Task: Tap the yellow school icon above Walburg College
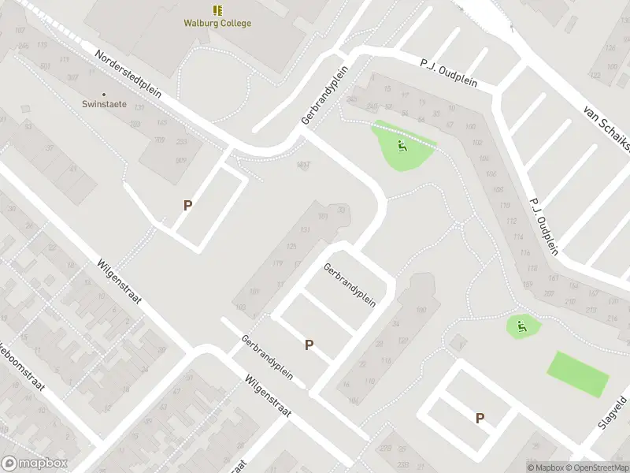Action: pyautogui.click(x=217, y=10)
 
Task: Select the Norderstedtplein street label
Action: pyautogui.click(x=128, y=76)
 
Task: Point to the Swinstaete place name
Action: pyautogui.click(x=104, y=103)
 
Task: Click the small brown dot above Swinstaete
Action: pyautogui.click(x=104, y=94)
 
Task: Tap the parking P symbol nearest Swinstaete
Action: pyautogui.click(x=187, y=205)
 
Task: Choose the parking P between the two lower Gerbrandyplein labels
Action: pyautogui.click(x=309, y=345)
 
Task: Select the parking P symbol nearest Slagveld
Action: pyautogui.click(x=480, y=419)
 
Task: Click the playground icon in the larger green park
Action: pyautogui.click(x=402, y=146)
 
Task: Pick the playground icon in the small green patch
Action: pyautogui.click(x=520, y=324)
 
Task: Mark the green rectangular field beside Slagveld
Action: pyautogui.click(x=578, y=374)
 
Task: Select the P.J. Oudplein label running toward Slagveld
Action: pyautogui.click(x=544, y=225)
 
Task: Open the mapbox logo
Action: pyautogui.click(x=35, y=464)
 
